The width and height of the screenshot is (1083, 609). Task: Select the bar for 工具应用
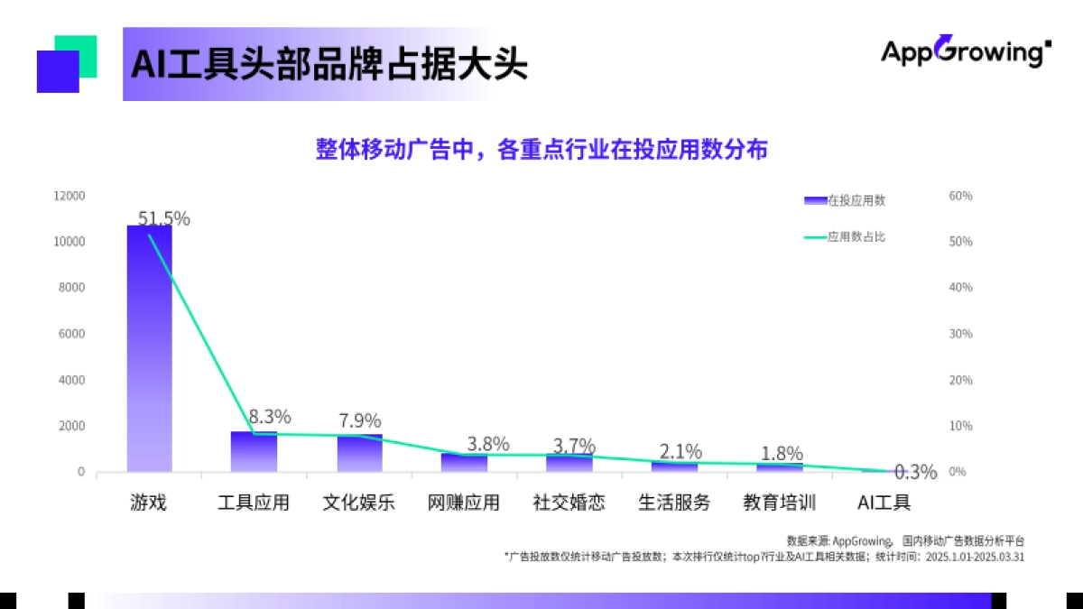point(254,451)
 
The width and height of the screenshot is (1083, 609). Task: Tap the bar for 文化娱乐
point(359,453)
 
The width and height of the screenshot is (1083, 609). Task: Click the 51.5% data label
point(163,218)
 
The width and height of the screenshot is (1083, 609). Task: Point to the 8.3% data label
point(270,417)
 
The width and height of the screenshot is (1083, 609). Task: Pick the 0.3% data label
point(915,472)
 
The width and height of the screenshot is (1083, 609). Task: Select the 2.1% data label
point(680,451)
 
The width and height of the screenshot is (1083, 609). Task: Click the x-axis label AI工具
point(884,503)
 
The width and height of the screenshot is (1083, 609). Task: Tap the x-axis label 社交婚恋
point(569,503)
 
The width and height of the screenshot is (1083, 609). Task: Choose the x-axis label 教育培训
point(779,503)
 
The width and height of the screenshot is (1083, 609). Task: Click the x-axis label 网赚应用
point(463,503)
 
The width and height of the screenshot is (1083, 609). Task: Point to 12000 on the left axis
point(69,196)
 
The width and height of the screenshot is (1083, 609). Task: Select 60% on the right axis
point(960,196)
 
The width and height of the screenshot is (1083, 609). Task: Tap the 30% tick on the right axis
point(960,334)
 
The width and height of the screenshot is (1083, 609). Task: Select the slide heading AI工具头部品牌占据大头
point(329,65)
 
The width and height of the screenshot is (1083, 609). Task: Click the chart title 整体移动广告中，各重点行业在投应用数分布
point(541,150)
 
